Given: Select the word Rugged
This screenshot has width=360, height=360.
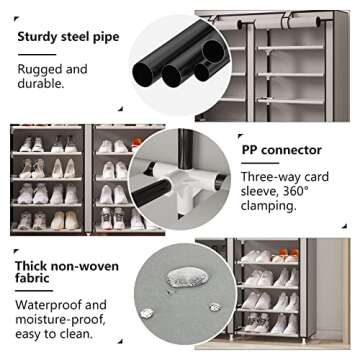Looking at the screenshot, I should pyautogui.click(x=40, y=70).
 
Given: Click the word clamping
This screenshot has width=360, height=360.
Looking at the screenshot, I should pyautogui.click(x=269, y=206).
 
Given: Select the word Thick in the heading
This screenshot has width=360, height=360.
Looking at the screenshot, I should pyautogui.click(x=33, y=269).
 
